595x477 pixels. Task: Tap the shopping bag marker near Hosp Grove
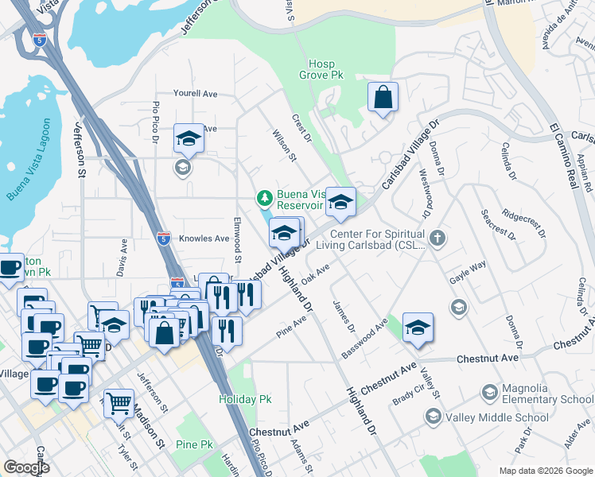383,98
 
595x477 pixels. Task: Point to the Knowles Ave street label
204,238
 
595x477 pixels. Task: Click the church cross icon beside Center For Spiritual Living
437,238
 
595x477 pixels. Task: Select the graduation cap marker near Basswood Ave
418,328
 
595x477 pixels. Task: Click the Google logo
26,467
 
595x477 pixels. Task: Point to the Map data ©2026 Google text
545,471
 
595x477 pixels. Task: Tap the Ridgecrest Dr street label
523,224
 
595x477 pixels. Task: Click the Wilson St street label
284,146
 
